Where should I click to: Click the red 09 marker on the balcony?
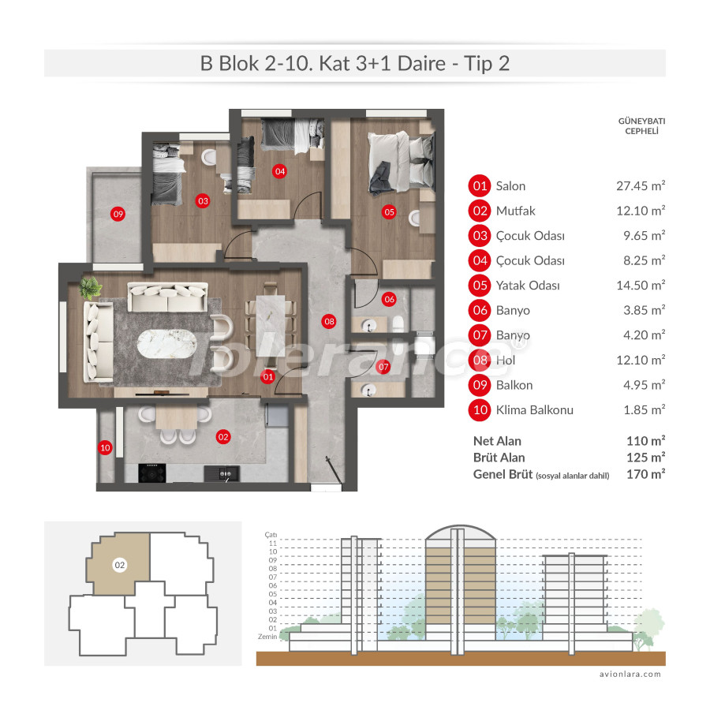pos(118,213)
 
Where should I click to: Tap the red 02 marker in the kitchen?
pos(222,435)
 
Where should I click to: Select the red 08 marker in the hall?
pos(329,321)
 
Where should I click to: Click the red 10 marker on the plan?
pos(106,448)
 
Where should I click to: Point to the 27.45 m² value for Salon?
pos(640,186)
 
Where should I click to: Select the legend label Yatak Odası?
pos(528,286)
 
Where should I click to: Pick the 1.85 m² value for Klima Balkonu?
pos(640,409)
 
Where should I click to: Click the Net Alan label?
pos(497,441)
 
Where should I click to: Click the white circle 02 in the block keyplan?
pos(120,565)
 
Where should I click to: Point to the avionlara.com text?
pos(629,674)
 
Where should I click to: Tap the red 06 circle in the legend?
pos(480,310)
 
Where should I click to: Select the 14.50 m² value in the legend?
pos(640,286)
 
